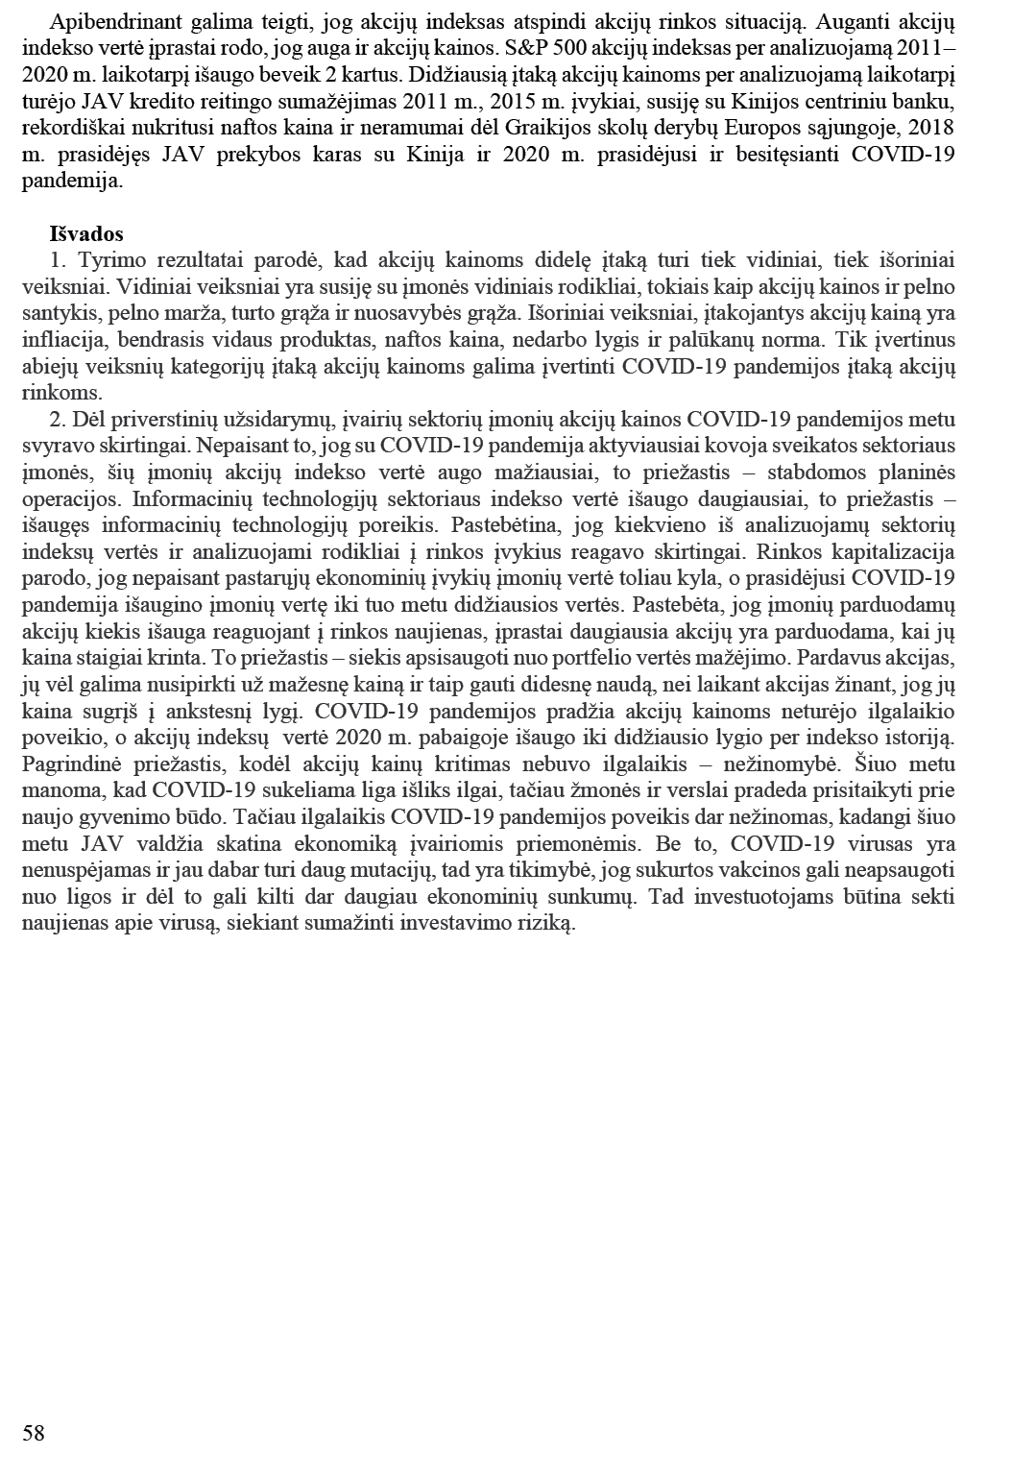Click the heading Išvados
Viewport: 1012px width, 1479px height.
click(x=86, y=234)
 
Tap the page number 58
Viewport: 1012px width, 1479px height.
click(x=34, y=1434)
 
